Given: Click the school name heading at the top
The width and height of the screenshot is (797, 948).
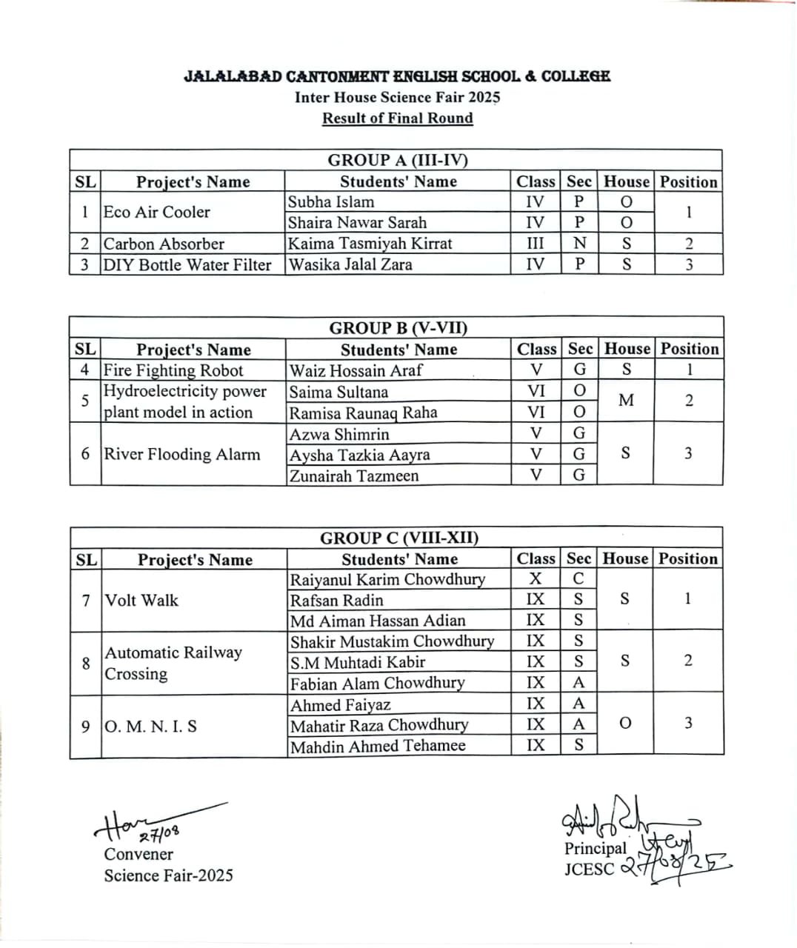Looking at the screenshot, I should [x=397, y=76].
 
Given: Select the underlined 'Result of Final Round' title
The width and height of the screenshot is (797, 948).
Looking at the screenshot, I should [x=397, y=118].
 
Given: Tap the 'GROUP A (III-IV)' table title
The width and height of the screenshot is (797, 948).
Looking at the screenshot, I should [x=398, y=160].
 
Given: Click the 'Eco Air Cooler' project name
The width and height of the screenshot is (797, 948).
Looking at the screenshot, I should [x=157, y=212].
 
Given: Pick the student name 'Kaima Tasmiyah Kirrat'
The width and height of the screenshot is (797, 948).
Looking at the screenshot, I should [x=370, y=244].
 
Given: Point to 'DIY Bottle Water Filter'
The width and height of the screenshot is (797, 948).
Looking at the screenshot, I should [x=187, y=264].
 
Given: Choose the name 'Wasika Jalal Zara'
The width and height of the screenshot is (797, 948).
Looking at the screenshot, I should [x=350, y=264].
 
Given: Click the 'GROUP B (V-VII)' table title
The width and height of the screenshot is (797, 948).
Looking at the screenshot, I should [x=398, y=328].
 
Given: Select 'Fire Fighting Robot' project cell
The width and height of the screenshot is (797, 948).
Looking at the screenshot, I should [x=173, y=370].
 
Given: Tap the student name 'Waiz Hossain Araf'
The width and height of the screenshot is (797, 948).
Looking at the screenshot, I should [x=356, y=370].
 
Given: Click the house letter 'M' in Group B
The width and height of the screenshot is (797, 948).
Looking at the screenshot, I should [x=626, y=401].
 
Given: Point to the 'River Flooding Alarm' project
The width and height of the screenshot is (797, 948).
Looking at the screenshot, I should [x=182, y=454].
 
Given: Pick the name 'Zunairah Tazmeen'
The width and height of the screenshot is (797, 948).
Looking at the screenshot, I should [x=354, y=475].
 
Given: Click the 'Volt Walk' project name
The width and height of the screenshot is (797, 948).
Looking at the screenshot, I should [x=141, y=600].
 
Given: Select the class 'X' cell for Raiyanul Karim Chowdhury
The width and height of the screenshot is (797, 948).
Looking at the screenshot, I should [x=536, y=579].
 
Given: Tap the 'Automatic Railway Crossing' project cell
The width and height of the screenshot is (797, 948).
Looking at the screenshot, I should [x=173, y=663].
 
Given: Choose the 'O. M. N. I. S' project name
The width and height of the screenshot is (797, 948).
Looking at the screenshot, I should [x=151, y=726].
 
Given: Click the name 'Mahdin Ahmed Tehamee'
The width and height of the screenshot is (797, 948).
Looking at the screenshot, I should [x=378, y=746].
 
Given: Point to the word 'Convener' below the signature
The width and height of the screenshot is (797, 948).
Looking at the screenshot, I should [x=139, y=854].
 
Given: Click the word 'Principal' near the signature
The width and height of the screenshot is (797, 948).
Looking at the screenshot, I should [x=595, y=848].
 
